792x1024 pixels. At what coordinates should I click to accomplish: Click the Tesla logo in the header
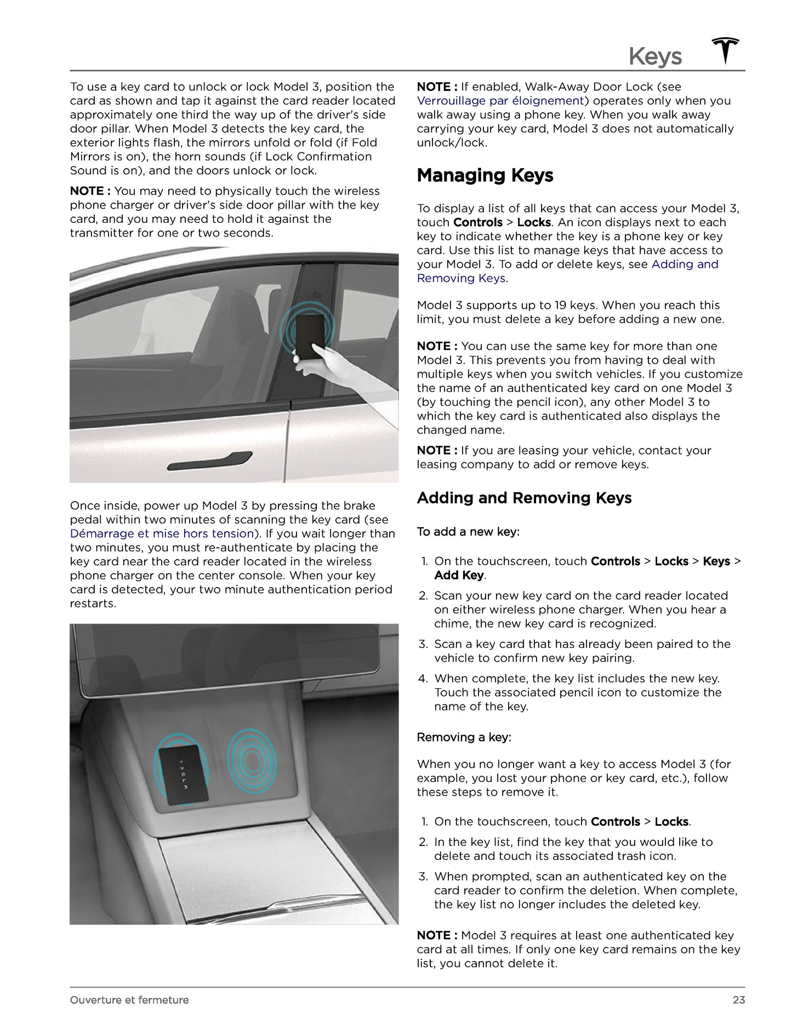726,51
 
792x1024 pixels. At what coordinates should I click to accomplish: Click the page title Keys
655,56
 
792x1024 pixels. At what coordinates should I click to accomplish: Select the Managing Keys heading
485,176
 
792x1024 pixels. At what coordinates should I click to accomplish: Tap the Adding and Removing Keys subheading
524,498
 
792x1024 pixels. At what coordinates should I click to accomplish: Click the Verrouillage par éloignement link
500,101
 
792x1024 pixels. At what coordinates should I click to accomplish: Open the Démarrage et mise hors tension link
162,534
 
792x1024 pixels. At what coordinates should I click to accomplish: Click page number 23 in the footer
738,1000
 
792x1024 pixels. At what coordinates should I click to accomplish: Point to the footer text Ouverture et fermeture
129,1000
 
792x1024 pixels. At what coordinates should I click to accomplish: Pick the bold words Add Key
459,576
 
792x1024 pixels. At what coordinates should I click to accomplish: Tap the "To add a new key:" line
468,532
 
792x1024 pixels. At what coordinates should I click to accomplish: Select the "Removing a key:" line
464,738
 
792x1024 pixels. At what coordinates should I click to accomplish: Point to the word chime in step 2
453,624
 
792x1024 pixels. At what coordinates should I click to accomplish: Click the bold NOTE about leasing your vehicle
437,451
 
